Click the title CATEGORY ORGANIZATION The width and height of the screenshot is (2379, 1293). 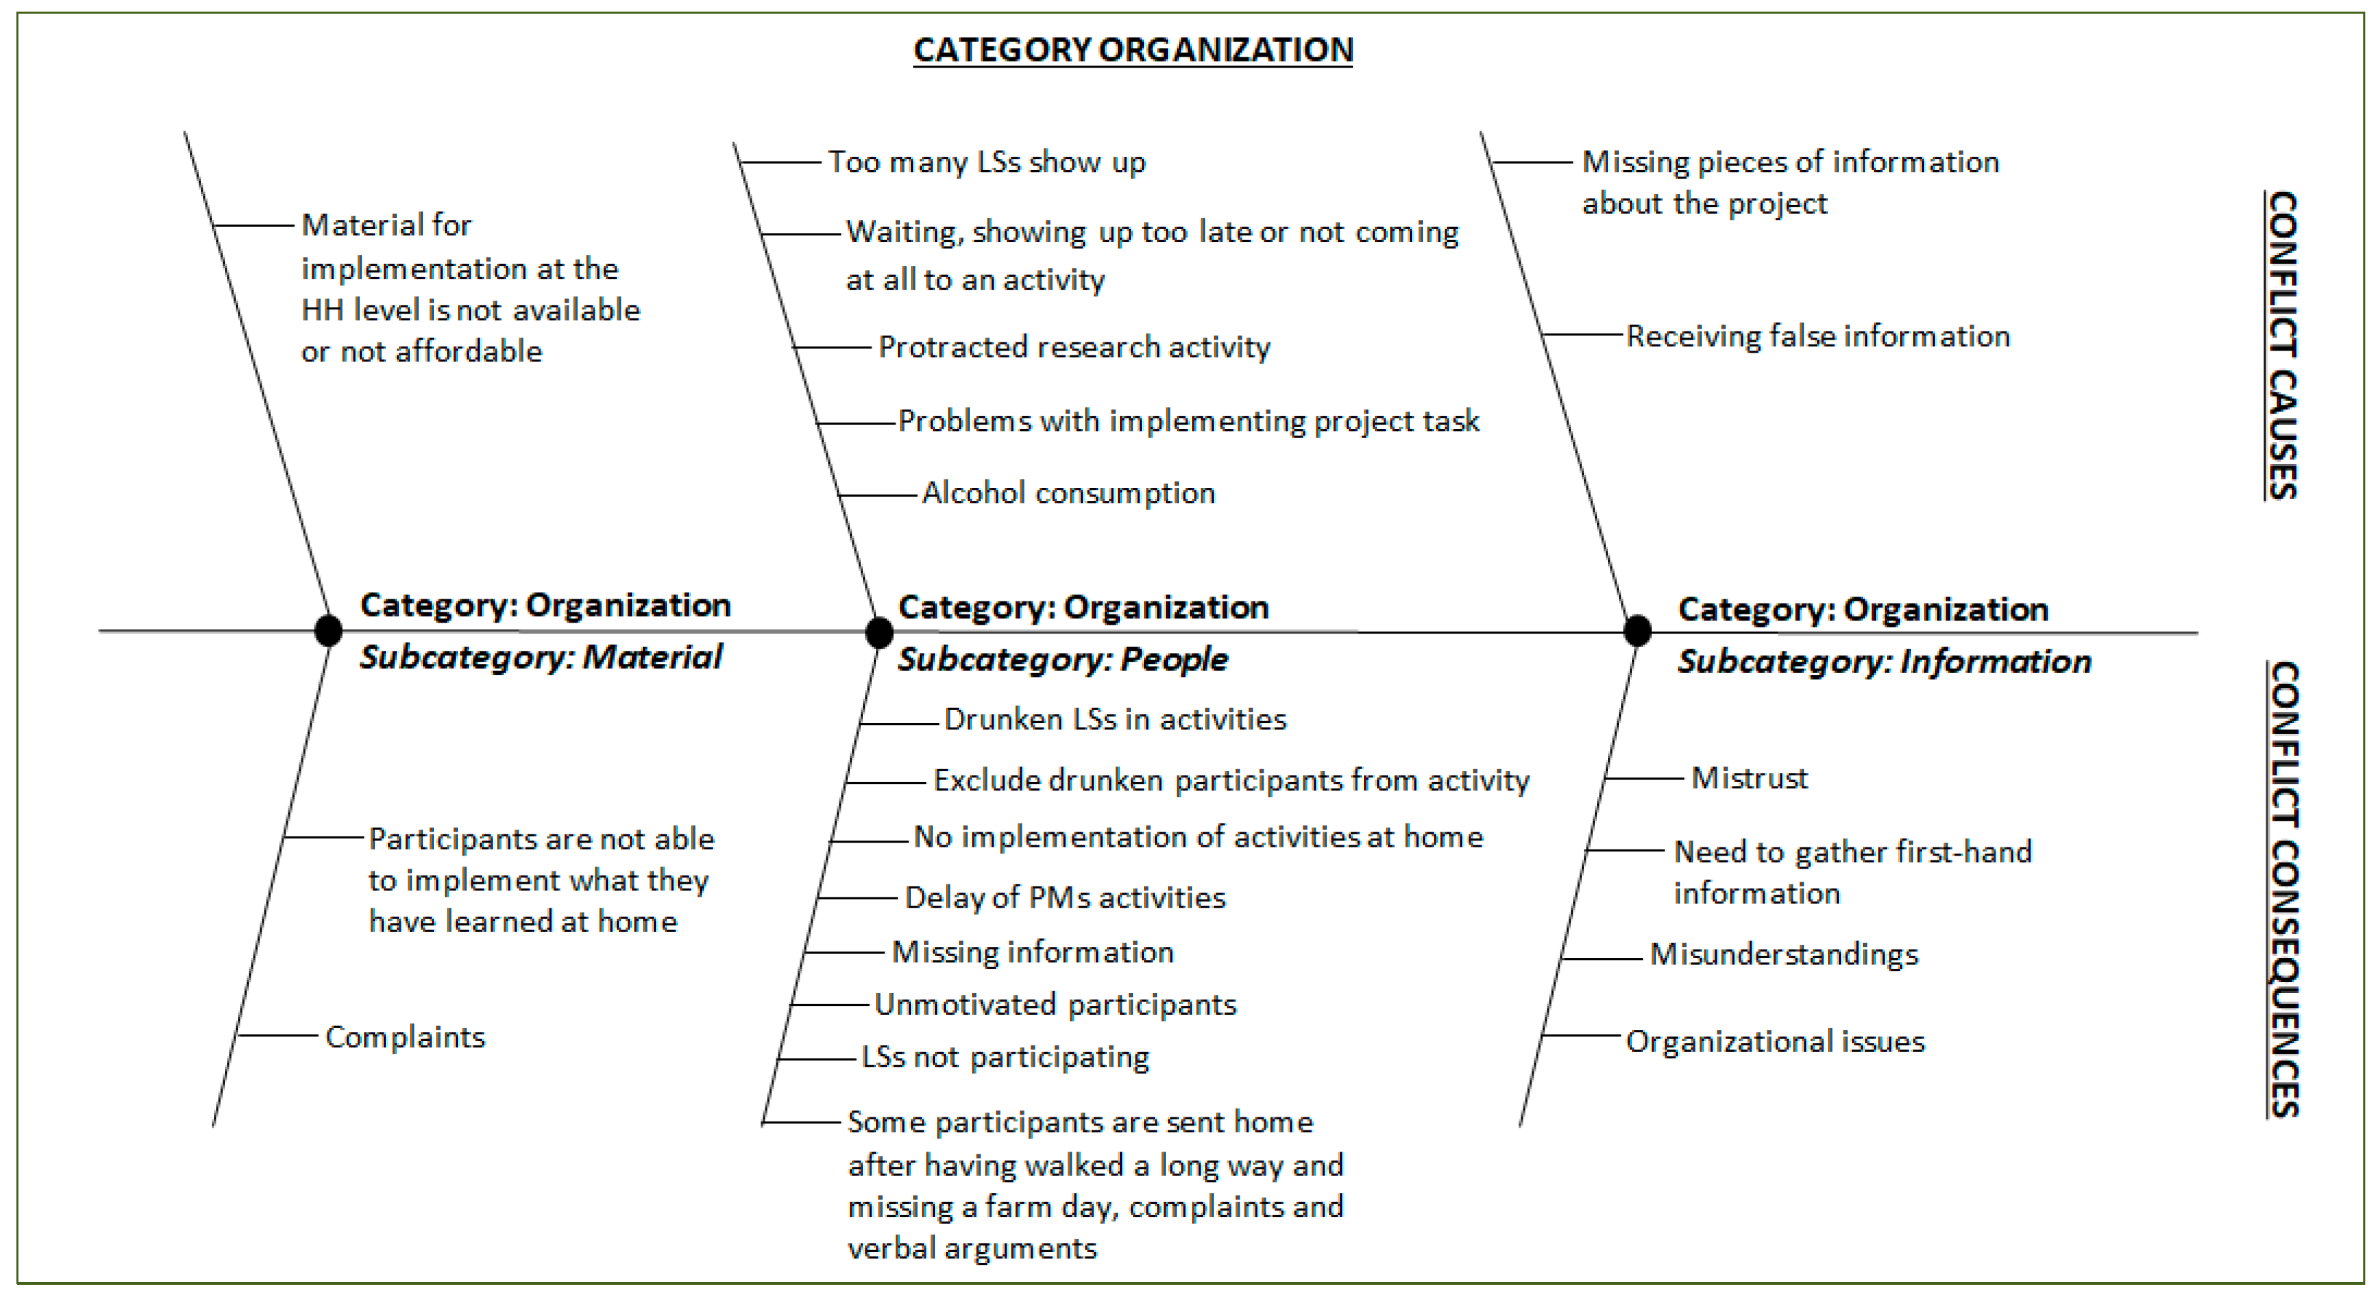1132,50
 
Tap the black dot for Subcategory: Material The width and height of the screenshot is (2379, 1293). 328,631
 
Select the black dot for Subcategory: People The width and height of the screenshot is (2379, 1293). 879,633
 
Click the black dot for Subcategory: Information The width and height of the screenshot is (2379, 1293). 1637,631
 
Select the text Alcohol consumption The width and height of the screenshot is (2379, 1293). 1068,493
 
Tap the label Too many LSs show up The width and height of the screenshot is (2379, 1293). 986,163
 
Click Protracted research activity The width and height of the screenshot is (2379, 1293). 1074,347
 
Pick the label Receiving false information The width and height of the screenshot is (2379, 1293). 1817,336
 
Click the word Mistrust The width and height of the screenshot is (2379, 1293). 1749,778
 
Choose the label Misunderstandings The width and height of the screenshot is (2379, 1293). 1783,954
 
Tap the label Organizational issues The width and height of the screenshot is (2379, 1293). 1775,1042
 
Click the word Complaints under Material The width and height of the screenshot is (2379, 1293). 405,1037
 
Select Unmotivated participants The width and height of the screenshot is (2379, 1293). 1055,1005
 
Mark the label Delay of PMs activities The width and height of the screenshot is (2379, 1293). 1065,898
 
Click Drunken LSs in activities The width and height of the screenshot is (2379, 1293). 1115,720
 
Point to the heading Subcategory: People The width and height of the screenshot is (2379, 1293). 1063,659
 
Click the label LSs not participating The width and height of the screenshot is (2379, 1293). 1005,1057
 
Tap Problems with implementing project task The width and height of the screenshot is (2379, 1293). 1188,421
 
